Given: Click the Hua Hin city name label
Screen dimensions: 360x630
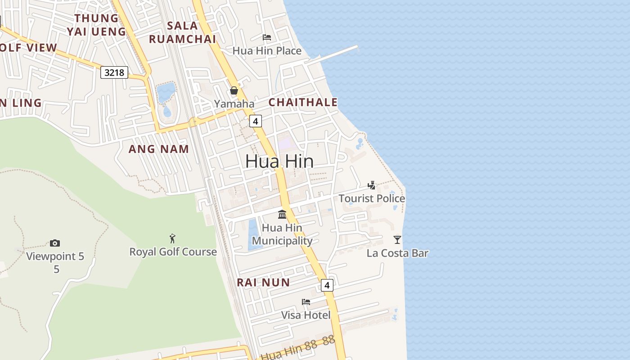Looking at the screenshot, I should [279, 161].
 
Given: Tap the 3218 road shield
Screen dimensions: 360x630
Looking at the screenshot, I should [114, 72].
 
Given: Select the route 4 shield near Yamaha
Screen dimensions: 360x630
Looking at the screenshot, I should [255, 121].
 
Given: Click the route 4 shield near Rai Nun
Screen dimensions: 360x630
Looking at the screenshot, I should [327, 285].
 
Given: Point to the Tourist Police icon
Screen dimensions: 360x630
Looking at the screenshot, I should [372, 185].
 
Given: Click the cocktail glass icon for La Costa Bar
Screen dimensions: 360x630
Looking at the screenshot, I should [397, 239].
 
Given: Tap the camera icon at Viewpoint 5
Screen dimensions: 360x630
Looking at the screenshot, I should [55, 243].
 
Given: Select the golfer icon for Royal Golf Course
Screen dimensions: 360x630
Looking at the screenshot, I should [172, 238].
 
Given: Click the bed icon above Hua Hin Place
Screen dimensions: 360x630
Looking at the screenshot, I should [267, 37].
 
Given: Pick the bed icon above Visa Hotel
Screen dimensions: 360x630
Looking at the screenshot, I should [306, 301].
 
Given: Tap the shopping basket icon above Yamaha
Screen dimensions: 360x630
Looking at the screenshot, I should [234, 90].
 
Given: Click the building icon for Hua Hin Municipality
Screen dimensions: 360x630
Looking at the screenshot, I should [282, 214].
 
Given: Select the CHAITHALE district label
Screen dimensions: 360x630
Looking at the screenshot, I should [303, 102].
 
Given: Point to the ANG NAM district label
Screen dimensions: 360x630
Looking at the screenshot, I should [159, 149].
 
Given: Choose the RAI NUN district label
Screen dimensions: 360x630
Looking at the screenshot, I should [264, 283].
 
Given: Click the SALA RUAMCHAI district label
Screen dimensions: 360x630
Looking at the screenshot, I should [182, 32].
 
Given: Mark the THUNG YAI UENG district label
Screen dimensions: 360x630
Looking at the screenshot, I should [96, 25].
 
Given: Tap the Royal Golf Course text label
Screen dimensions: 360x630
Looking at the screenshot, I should [173, 252].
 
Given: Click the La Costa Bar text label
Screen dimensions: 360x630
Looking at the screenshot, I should [397, 253].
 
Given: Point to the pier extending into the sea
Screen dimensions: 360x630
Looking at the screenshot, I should [335, 54].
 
